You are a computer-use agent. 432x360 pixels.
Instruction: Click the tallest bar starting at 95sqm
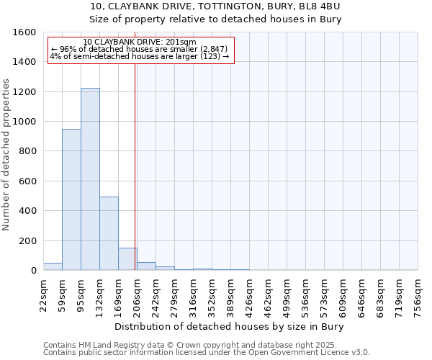tap(90, 180)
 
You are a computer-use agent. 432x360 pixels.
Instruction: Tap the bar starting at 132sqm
tap(109, 234)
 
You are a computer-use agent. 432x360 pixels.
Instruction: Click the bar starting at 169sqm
tap(127, 259)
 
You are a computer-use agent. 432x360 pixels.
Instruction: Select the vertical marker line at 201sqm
tap(135, 166)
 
